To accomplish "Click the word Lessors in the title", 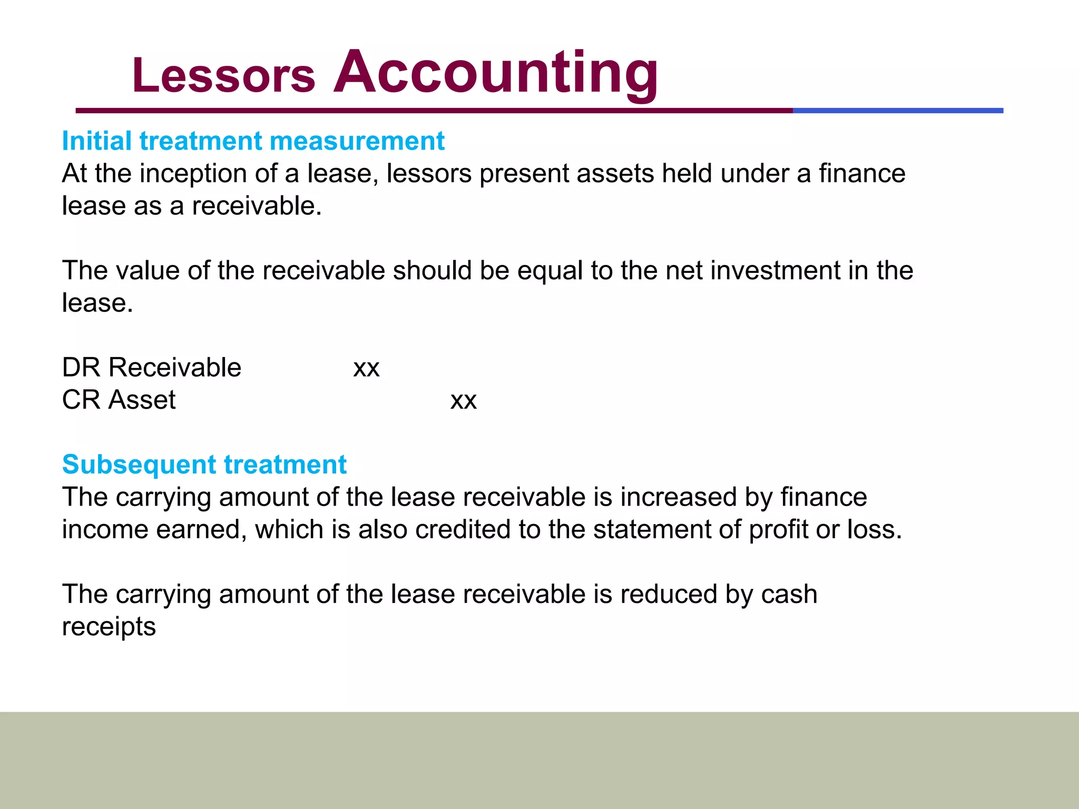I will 223,76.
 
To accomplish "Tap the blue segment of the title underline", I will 898,111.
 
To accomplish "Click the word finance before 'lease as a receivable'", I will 862,174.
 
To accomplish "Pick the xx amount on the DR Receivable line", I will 366,369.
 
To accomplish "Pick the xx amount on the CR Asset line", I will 463,401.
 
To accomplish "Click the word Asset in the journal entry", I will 142,400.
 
